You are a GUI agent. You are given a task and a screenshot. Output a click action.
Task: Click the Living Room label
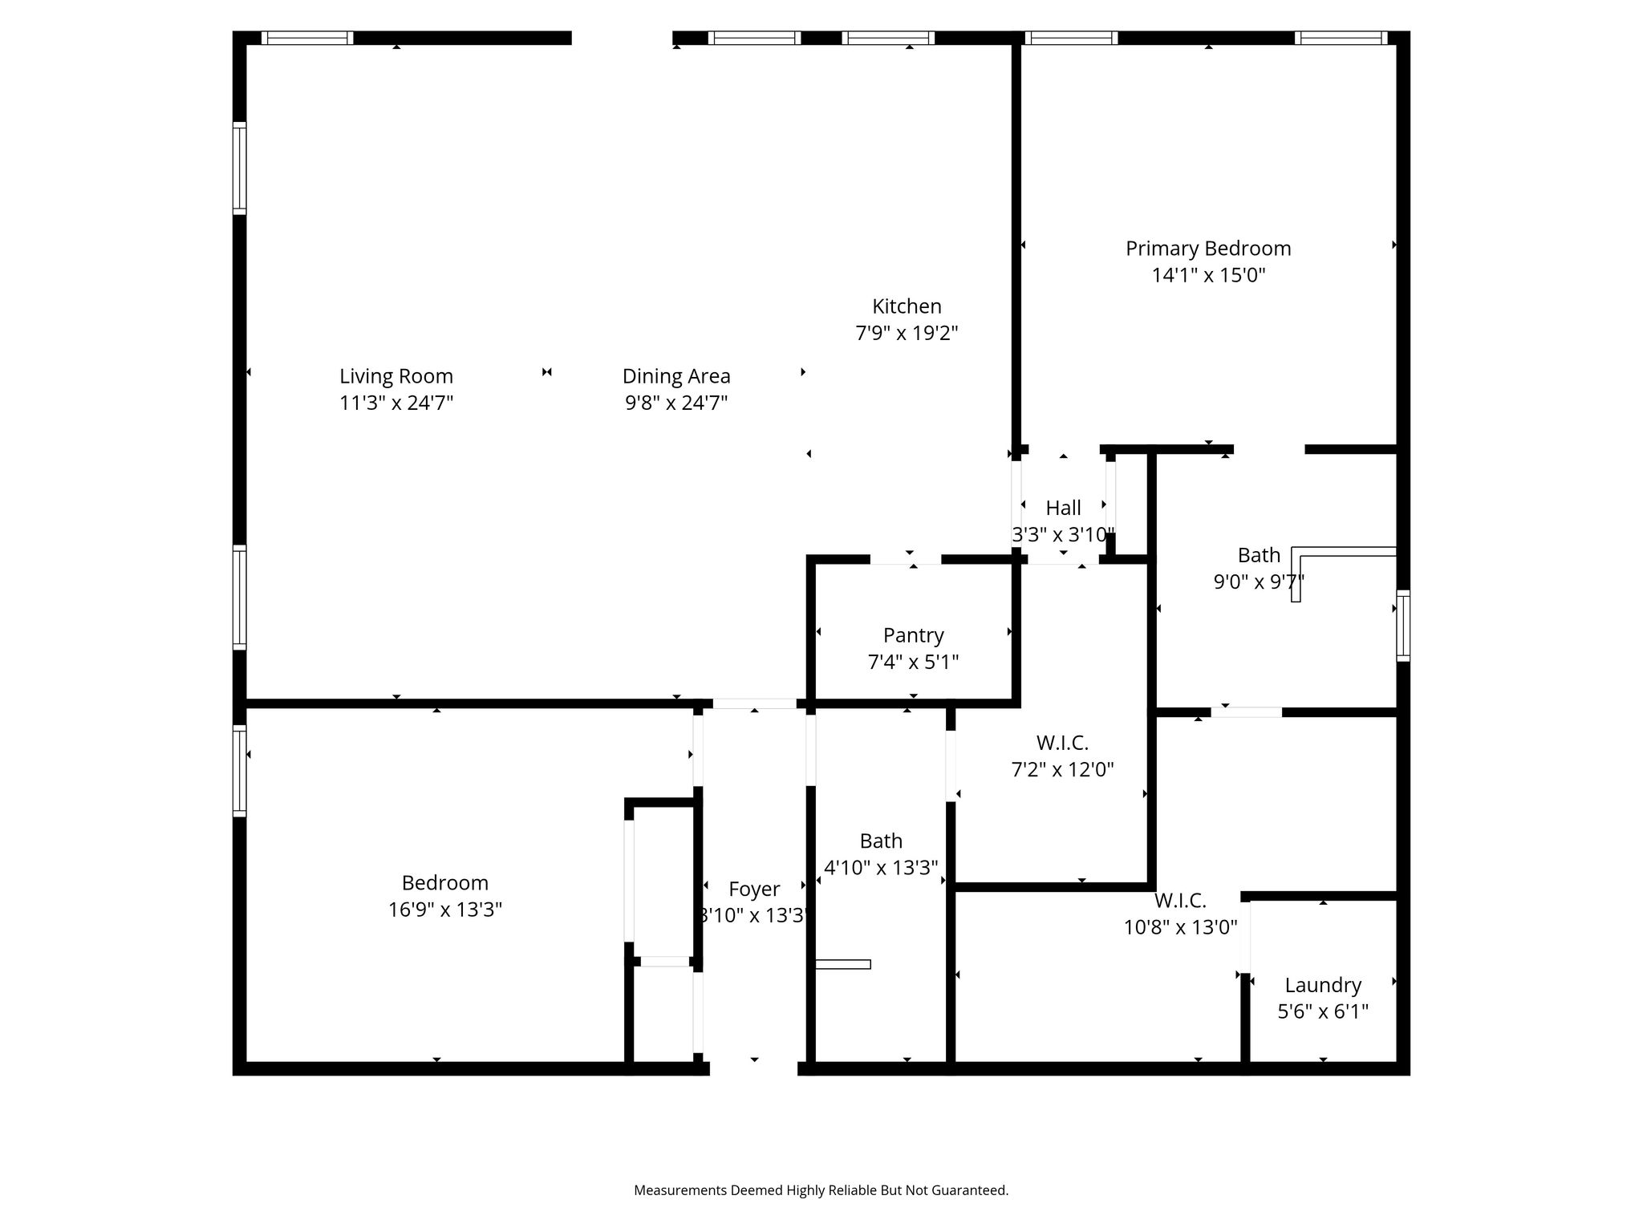396,376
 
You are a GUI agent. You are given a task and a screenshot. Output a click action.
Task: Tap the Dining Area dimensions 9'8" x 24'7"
675,403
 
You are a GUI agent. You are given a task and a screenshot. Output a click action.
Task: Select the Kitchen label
907,306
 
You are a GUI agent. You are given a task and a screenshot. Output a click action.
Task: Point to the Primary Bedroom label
1207,249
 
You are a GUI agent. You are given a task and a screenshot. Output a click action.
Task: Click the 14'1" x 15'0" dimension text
1207,276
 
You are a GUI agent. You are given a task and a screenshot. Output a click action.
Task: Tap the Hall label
1063,508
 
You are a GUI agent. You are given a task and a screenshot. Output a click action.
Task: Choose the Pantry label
913,635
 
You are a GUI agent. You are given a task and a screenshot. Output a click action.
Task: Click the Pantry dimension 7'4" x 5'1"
913,663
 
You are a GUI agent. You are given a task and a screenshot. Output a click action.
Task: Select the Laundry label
1322,985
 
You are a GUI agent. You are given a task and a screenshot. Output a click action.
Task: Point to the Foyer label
753,889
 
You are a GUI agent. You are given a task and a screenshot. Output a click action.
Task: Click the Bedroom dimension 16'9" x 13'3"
445,910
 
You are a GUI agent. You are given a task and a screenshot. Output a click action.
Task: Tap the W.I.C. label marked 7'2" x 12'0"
1062,743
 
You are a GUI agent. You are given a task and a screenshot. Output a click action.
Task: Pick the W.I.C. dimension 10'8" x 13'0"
1179,928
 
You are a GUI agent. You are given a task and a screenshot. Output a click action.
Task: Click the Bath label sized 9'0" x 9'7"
1258,555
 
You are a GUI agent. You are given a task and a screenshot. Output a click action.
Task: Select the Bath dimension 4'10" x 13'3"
881,868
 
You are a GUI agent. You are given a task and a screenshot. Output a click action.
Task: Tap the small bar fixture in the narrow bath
842,964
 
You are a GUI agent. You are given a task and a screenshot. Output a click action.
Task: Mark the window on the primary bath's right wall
1402,626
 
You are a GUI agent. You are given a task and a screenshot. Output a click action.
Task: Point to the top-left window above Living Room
307,38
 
